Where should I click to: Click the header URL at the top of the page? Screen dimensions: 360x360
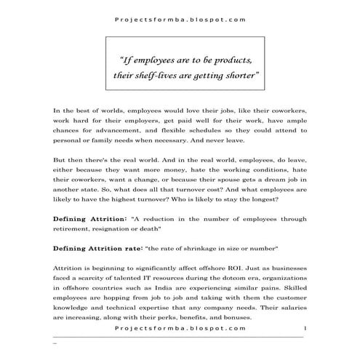click(180, 20)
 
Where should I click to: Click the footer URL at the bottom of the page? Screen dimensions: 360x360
click(180, 329)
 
